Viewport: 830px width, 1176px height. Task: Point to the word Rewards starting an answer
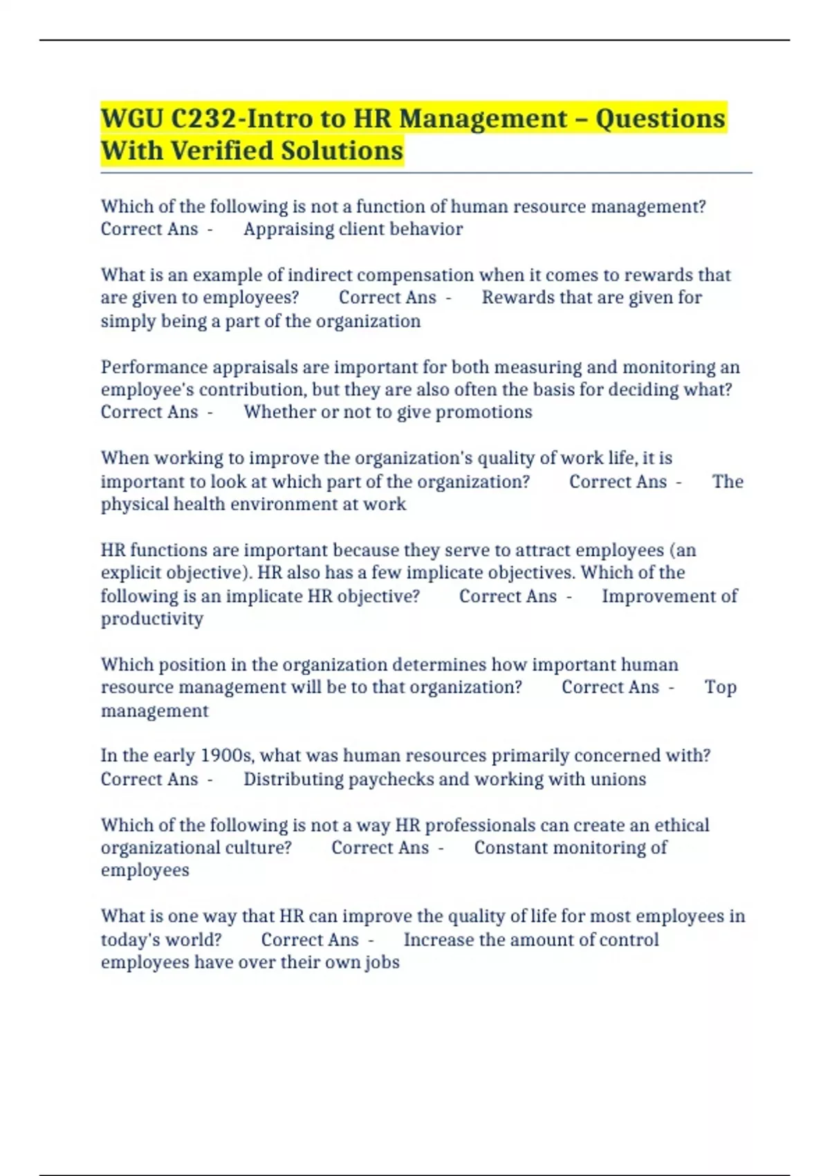[511, 297]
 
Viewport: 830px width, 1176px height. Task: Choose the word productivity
[152, 618]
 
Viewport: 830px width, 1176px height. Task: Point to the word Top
[720, 687]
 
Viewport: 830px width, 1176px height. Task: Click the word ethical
[681, 825]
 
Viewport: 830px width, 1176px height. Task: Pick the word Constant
[508, 847]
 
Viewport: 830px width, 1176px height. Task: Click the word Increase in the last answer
[439, 939]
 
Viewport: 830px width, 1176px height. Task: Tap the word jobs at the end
[382, 962]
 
